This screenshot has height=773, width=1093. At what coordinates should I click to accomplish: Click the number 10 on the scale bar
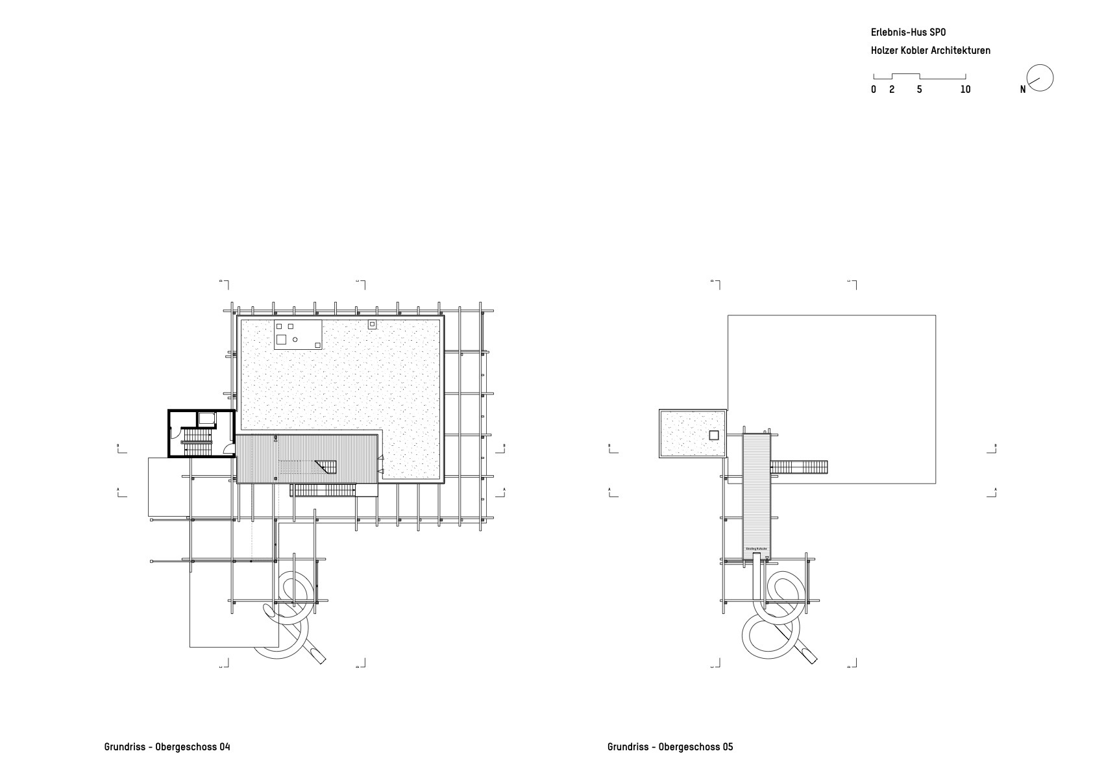pyautogui.click(x=965, y=90)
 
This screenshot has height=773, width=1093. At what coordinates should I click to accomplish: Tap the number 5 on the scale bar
pyautogui.click(x=919, y=90)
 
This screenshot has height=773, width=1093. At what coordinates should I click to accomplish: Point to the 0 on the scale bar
pyautogui.click(x=874, y=90)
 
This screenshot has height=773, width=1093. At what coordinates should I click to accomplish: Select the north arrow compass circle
pyautogui.click(x=1040, y=79)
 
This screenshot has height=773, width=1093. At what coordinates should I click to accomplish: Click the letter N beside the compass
pyautogui.click(x=1023, y=90)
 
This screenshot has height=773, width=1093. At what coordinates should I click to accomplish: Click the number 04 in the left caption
pyautogui.click(x=225, y=746)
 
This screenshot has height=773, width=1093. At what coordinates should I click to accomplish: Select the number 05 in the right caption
pyautogui.click(x=728, y=746)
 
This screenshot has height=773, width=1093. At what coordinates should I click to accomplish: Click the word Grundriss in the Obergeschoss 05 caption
pyautogui.click(x=628, y=746)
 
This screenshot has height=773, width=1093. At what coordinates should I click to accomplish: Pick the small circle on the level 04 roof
pyautogui.click(x=295, y=339)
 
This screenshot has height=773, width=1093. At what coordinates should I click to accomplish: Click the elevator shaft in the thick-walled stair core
pyautogui.click(x=206, y=419)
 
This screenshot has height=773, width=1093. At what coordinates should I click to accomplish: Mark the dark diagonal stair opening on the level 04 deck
pyautogui.click(x=326, y=467)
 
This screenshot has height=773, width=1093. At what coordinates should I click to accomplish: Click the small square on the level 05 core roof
pyautogui.click(x=714, y=435)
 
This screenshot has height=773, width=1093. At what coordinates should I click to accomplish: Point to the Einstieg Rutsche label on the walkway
pyautogui.click(x=757, y=549)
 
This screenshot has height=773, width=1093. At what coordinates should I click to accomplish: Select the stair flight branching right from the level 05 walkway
pyautogui.click(x=800, y=467)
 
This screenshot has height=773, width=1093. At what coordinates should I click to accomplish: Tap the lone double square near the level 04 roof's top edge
pyautogui.click(x=373, y=324)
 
